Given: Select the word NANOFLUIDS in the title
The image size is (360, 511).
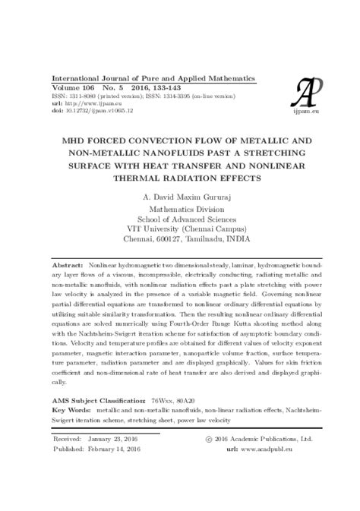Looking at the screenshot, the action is [x=186, y=154].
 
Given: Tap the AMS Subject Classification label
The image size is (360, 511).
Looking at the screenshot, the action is [x=97, y=399].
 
